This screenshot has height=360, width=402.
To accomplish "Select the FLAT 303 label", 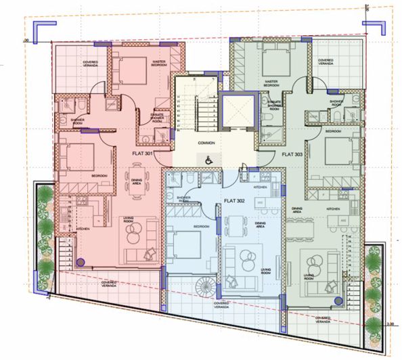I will coord(292,154).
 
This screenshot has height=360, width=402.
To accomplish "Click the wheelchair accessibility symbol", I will coord(209,160).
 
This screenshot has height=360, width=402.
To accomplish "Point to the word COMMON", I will coord(206,143).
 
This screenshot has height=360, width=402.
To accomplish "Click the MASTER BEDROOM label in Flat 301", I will coord(159,64).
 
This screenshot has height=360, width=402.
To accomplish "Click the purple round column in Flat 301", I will coord(81,262).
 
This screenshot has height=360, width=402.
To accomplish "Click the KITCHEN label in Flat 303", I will coord(332,209).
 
